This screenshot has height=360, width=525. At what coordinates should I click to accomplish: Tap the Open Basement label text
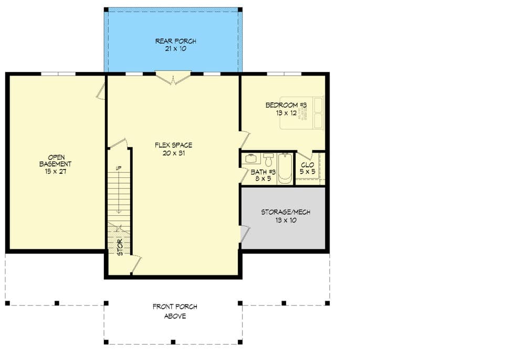(x=56, y=164)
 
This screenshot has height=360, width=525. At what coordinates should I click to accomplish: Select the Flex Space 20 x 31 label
(x=173, y=149)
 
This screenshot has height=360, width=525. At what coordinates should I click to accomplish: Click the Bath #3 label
(x=263, y=174)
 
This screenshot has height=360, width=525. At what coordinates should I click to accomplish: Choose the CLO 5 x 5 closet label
(x=307, y=168)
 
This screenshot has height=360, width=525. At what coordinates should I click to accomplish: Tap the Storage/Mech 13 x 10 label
(x=286, y=216)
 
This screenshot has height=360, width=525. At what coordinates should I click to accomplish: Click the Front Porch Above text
(x=175, y=311)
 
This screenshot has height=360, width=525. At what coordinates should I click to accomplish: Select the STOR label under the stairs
(x=120, y=247)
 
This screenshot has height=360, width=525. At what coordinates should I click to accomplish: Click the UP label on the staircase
(x=119, y=168)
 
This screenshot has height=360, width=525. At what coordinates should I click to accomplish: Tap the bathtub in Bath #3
(x=285, y=168)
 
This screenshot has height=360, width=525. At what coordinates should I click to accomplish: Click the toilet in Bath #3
(x=268, y=159)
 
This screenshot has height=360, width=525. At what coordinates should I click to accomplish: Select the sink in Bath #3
(x=250, y=158)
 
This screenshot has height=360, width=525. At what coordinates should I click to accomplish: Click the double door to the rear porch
(x=173, y=78)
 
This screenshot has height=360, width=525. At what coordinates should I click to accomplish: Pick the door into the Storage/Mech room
(x=244, y=234)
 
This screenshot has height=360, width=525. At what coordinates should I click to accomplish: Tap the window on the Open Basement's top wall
(x=58, y=73)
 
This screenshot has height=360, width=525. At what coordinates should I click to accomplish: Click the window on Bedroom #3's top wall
(x=283, y=73)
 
